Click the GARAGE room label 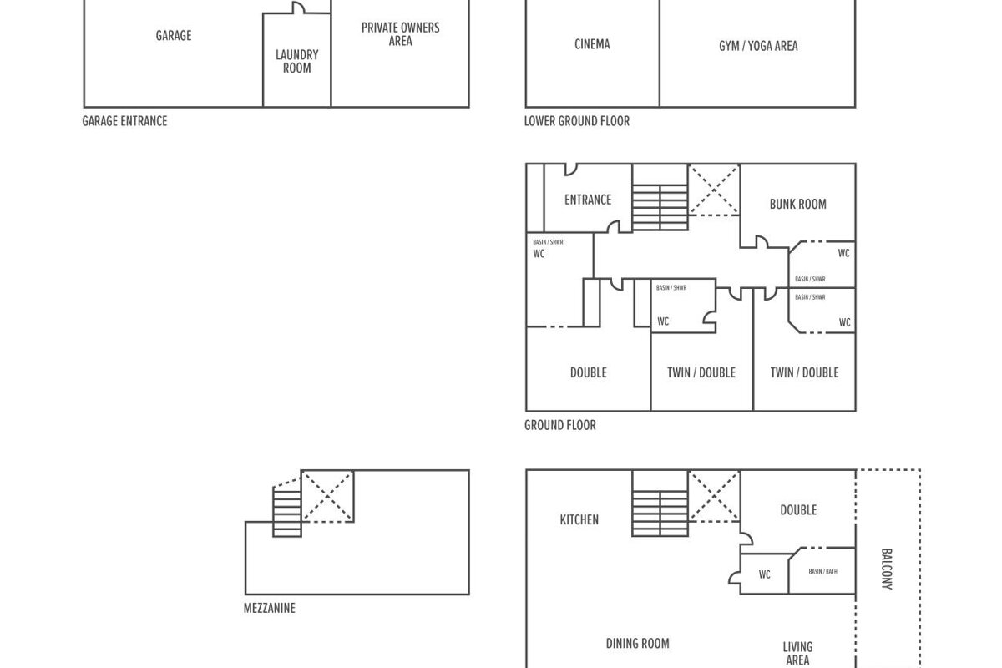pos(174,36)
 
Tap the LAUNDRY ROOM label pos(296,62)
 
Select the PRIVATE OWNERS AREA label pos(400,34)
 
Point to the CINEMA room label pos(592,44)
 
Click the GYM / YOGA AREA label pos(758,46)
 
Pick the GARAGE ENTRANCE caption pos(124,121)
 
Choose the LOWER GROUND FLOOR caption pos(577,121)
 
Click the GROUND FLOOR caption pos(560,425)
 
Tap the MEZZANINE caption pos(269,609)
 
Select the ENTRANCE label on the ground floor pos(588,200)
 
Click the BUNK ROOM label pos(797,204)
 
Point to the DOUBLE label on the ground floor pos(588,372)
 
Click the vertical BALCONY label pos(887,569)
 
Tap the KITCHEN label pos(579,519)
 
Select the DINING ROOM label pos(637,644)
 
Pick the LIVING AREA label pos(797,653)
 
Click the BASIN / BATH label pos(822,572)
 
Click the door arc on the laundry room pos(298,8)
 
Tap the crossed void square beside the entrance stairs pos(714,190)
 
